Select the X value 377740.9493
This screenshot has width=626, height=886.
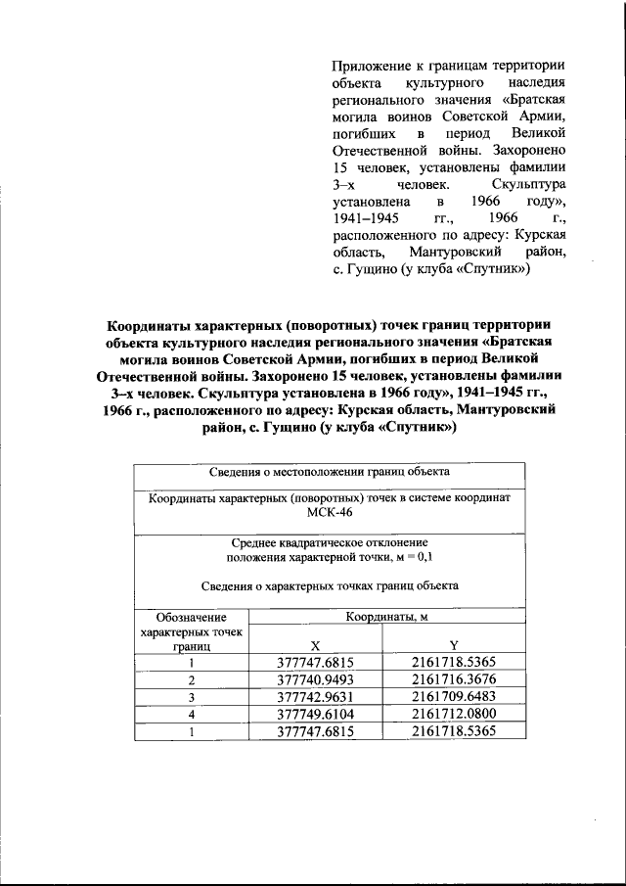(314, 679)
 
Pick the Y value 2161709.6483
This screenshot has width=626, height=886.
(454, 697)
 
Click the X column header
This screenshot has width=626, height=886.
(315, 645)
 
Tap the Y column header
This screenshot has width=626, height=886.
(454, 645)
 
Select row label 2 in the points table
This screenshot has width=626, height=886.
(192, 680)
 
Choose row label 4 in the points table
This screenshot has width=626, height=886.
(192, 715)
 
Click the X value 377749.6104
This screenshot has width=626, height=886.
(314, 715)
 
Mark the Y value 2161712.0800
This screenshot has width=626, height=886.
(454, 715)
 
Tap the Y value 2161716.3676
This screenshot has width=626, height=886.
(454, 679)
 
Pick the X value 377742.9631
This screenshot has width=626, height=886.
(314, 697)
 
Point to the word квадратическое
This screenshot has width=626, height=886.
(320, 541)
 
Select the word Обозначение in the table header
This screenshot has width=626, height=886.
(192, 618)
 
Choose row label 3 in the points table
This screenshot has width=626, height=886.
(192, 697)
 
